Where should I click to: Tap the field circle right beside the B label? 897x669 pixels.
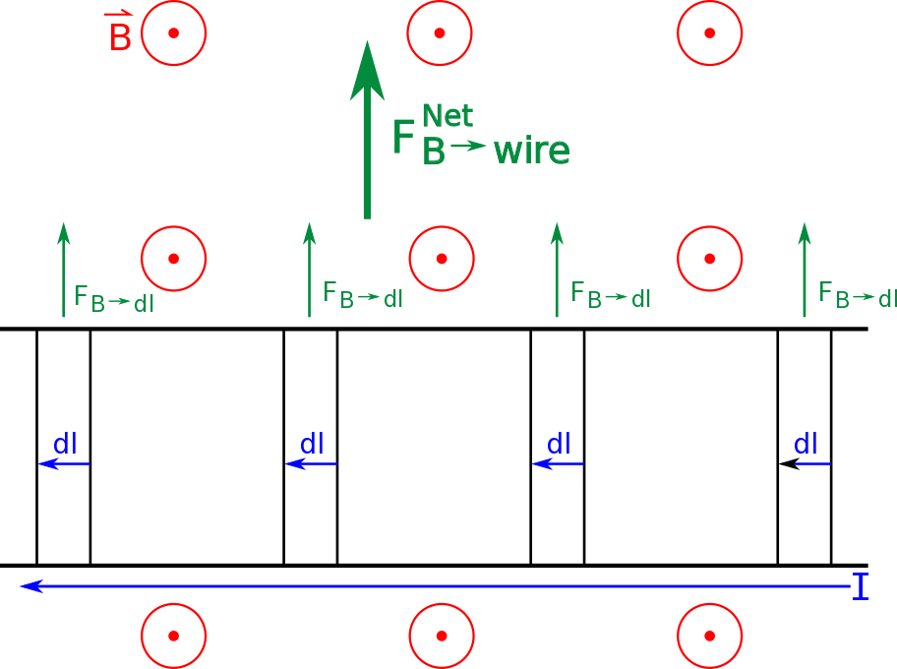(x=173, y=33)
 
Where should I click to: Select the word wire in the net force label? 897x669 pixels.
(x=531, y=151)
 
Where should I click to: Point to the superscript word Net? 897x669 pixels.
(x=448, y=116)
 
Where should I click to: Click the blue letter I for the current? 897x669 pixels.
(x=861, y=587)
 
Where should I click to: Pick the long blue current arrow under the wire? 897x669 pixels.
(x=433, y=586)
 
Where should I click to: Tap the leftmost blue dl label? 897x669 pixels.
(x=65, y=445)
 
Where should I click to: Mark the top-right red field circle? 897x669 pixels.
(x=709, y=33)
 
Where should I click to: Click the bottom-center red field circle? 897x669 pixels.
(x=442, y=636)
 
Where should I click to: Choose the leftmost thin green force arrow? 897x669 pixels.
(x=64, y=270)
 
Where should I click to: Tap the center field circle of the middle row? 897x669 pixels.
(x=442, y=259)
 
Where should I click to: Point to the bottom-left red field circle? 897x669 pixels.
(x=173, y=636)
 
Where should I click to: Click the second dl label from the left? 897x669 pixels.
(x=312, y=445)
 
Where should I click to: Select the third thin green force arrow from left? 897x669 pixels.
(x=557, y=270)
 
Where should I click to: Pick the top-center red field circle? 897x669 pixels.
(x=440, y=33)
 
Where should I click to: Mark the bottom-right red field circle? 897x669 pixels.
(x=709, y=636)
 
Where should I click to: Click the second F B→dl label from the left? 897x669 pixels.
(x=362, y=295)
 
